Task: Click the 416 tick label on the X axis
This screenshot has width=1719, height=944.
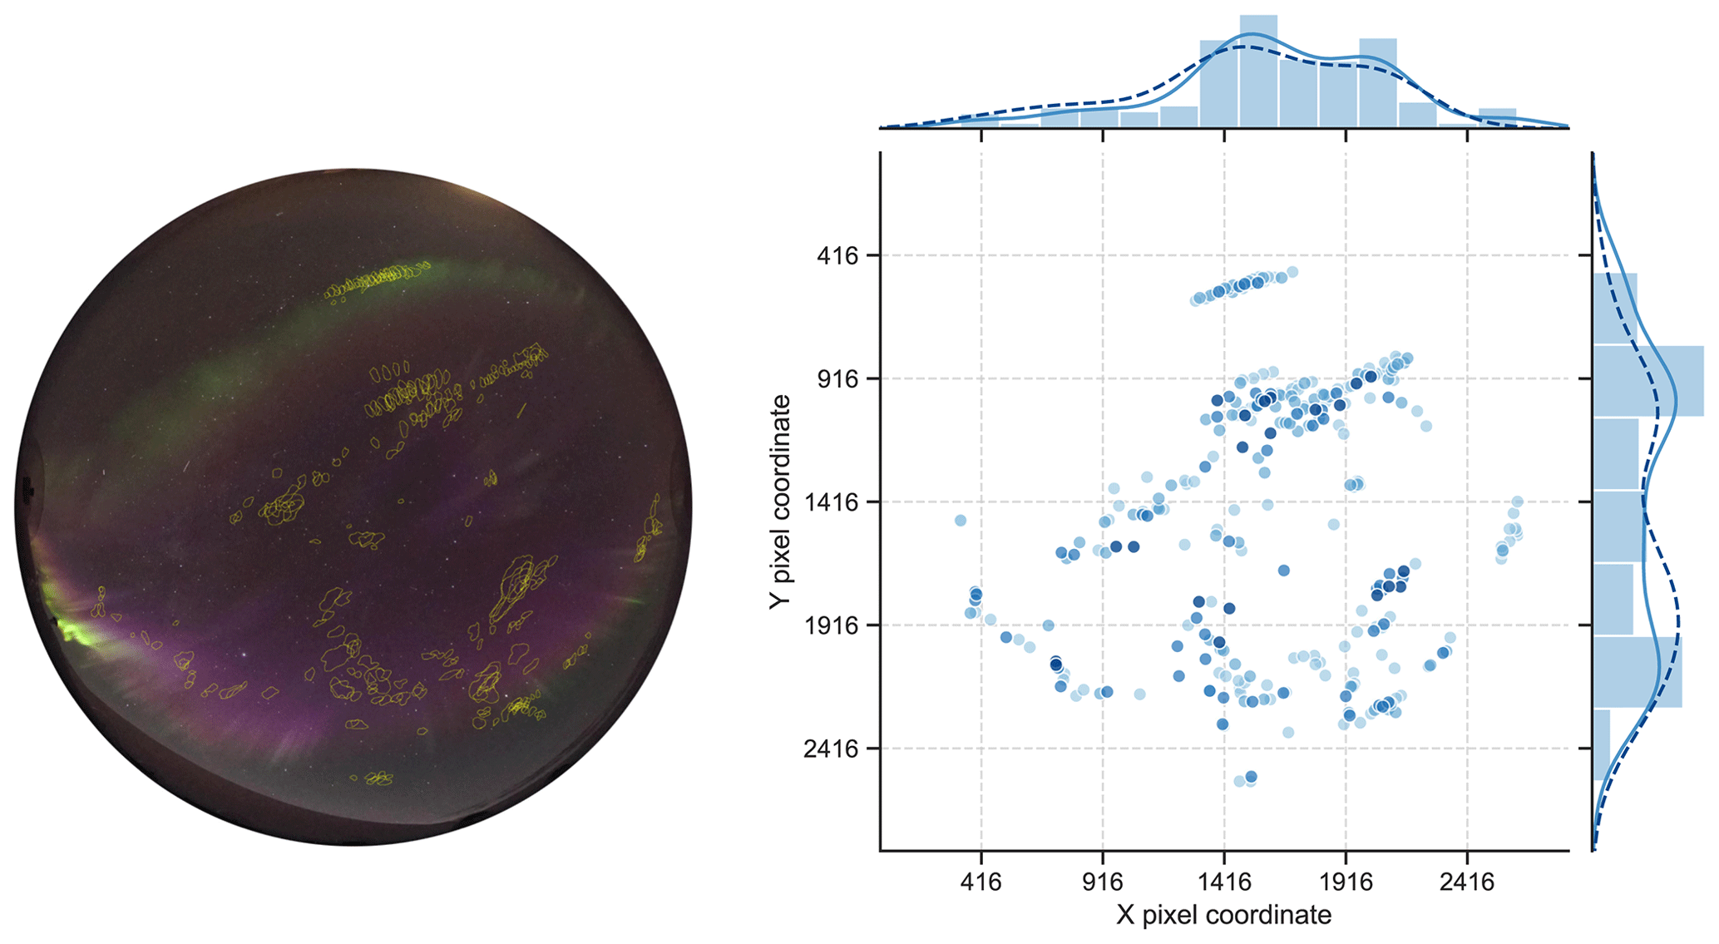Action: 981,882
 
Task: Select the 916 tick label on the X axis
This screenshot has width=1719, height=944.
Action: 1103,882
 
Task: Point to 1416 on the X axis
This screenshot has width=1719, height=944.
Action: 1223,882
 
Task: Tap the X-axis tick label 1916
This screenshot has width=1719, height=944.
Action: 1345,882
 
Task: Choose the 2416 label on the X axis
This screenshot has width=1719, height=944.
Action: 1466,882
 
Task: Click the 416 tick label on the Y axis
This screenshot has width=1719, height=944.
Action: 837,255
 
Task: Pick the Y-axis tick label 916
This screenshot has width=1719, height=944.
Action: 837,378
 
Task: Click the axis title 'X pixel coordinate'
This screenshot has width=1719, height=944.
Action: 1223,916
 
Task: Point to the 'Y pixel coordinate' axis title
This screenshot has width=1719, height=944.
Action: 779,502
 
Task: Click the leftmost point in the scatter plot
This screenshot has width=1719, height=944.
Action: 961,521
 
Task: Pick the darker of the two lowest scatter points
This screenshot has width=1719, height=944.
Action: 1251,777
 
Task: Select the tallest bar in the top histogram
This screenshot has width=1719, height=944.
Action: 1258,72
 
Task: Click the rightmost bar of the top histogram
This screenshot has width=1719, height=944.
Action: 1497,118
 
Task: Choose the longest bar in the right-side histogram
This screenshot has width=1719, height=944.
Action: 1647,381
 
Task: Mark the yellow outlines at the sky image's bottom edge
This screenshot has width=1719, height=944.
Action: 378,778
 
